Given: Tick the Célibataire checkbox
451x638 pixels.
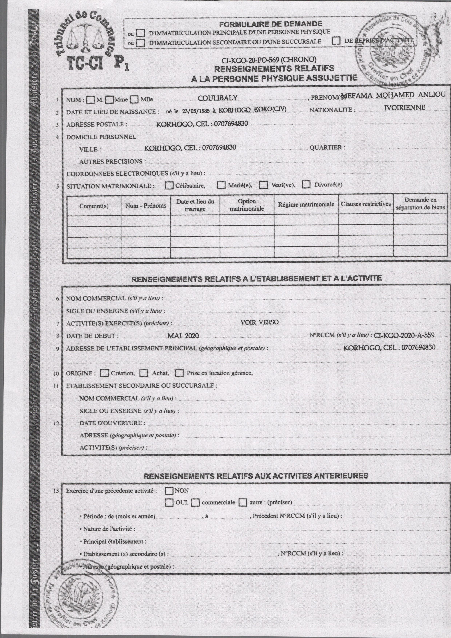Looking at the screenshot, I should (x=169, y=185).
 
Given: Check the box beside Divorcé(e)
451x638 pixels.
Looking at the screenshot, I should (x=306, y=184).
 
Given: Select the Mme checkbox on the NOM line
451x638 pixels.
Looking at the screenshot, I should (x=110, y=99).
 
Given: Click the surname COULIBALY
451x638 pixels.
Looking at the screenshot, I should (x=217, y=98).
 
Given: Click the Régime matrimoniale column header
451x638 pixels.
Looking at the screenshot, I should (x=306, y=204).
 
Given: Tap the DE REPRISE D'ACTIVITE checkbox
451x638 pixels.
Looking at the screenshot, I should (x=336, y=41).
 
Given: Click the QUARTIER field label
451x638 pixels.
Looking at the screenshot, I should (x=327, y=148).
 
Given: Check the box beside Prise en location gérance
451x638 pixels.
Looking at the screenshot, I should (x=179, y=373).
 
